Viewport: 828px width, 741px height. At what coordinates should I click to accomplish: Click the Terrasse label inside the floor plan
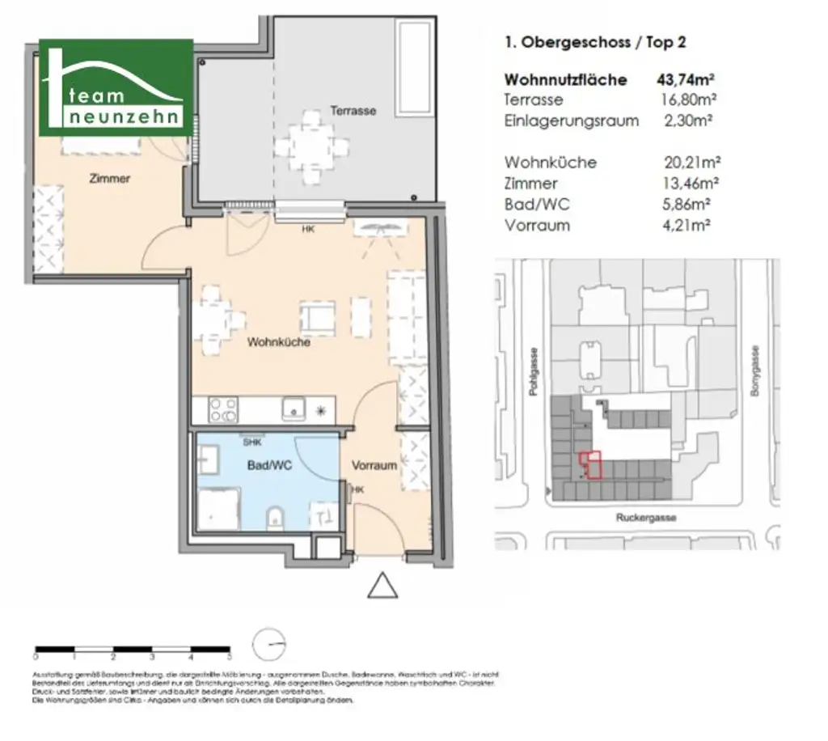click(x=353, y=111)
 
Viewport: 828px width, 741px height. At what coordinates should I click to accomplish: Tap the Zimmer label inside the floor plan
click(x=109, y=179)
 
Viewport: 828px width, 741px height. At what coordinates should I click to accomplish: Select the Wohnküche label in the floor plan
click(x=279, y=342)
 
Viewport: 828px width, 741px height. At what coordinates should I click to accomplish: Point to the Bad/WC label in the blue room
click(x=268, y=466)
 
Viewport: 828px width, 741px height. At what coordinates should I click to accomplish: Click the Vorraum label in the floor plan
click(x=374, y=465)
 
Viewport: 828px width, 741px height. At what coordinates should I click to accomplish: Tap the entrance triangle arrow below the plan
click(x=382, y=586)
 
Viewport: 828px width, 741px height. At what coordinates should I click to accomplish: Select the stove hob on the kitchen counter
click(x=222, y=409)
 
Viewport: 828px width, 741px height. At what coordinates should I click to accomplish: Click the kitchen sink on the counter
click(x=293, y=409)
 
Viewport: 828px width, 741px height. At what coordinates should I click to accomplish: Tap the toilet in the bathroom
click(x=274, y=514)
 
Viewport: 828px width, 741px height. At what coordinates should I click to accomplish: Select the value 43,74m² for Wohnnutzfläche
click(x=686, y=79)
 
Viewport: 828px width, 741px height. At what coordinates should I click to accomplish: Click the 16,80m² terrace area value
click(x=690, y=100)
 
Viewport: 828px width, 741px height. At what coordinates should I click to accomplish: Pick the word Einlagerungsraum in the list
click(x=571, y=121)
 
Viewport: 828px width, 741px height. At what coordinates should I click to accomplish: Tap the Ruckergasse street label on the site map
click(x=644, y=517)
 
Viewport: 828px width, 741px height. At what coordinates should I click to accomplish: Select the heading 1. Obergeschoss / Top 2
click(x=594, y=43)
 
